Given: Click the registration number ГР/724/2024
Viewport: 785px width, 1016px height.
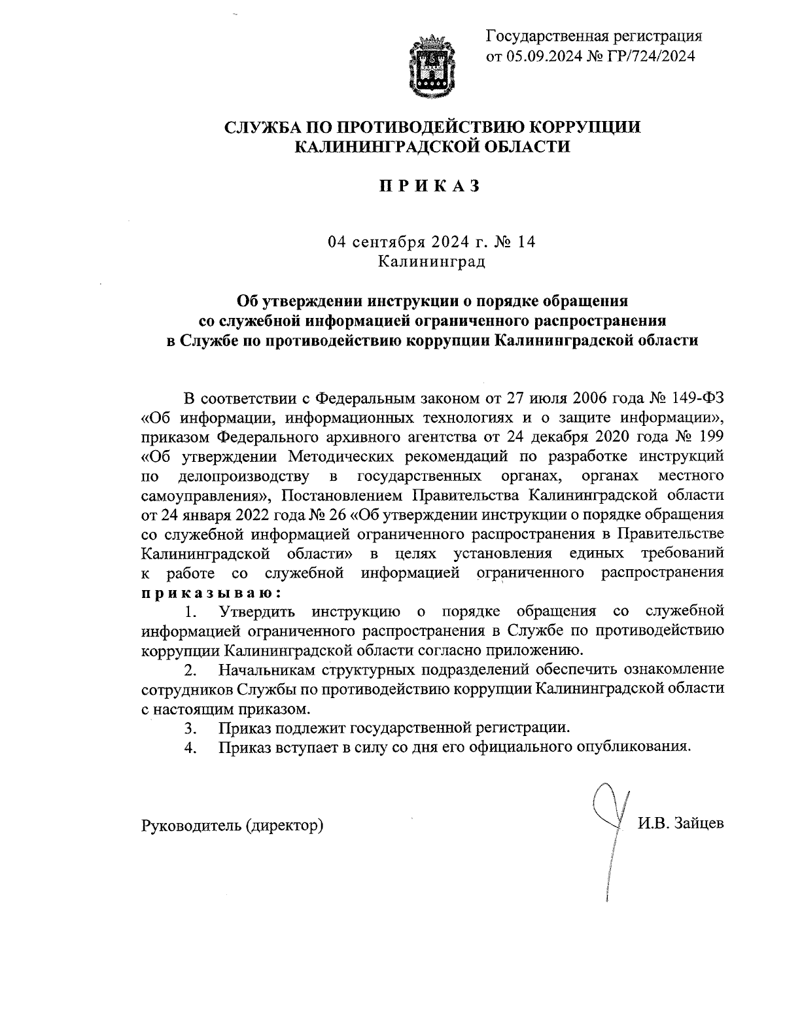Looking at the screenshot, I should pyautogui.click(x=644, y=56).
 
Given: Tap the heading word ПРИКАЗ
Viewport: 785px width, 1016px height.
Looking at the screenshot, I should pyautogui.click(x=432, y=186).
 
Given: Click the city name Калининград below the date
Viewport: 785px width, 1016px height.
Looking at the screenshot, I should pyautogui.click(x=432, y=262).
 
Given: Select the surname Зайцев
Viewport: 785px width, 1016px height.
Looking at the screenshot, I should pyautogui.click(x=700, y=824).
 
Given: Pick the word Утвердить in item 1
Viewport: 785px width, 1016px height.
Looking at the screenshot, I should pyautogui.click(x=260, y=612).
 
